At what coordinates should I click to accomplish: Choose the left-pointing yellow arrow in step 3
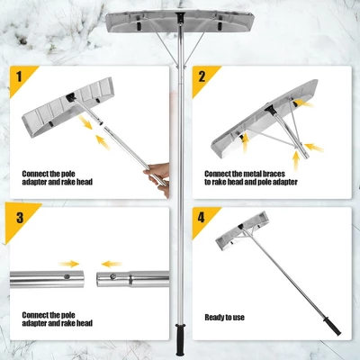coord(112,263)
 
